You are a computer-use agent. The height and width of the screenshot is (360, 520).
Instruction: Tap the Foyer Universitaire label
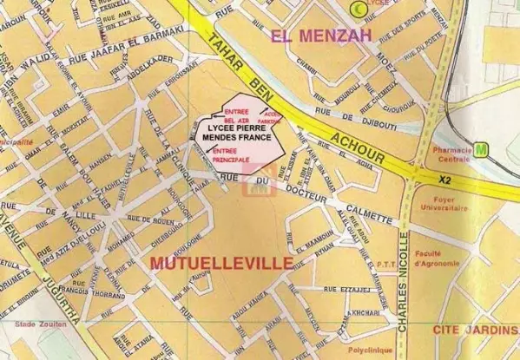(x=456, y=203)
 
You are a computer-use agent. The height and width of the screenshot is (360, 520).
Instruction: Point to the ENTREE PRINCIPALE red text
(x=231, y=155)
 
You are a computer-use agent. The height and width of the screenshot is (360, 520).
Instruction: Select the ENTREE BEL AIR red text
(x=235, y=116)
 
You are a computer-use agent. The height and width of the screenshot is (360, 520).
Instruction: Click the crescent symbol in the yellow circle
(x=356, y=8)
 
